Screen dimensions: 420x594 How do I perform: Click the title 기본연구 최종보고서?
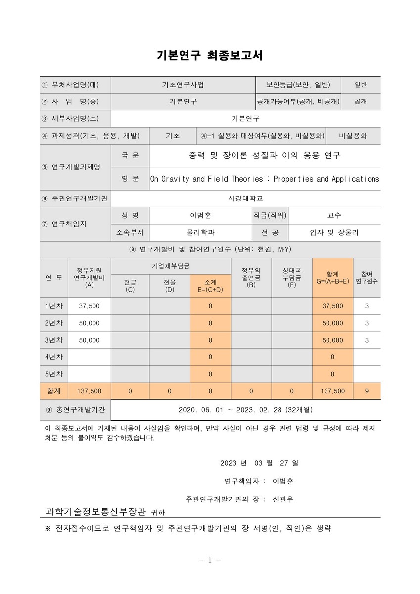click(x=210, y=56)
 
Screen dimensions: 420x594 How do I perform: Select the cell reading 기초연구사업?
click(x=183, y=85)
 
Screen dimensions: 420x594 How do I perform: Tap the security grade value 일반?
click(x=360, y=85)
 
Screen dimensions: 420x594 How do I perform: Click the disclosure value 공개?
click(x=360, y=101)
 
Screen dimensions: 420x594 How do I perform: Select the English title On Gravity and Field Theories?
click(x=265, y=179)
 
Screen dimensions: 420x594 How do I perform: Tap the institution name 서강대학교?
click(x=245, y=198)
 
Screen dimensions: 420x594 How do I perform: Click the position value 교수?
click(x=334, y=215)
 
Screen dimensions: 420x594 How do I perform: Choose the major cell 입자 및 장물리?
click(x=334, y=232)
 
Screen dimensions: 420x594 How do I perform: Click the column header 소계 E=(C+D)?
click(x=210, y=286)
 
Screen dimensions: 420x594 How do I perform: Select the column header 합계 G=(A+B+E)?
click(x=332, y=277)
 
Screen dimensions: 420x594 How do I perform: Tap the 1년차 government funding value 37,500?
click(x=89, y=306)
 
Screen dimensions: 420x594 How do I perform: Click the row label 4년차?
click(x=54, y=356)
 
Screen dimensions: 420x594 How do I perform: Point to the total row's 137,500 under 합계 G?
click(x=332, y=391)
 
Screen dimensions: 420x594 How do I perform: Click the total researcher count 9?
click(x=367, y=391)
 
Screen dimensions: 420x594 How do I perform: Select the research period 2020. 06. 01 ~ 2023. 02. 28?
click(x=245, y=410)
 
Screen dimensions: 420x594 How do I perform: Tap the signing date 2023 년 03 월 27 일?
click(x=259, y=463)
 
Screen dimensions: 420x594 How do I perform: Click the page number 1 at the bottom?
click(x=210, y=560)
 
